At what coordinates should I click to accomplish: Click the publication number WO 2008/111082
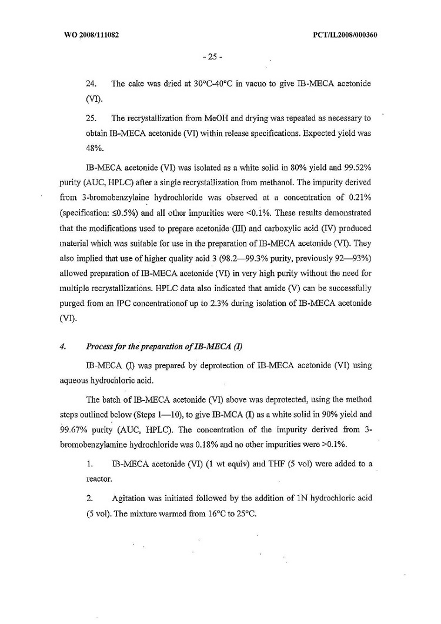(x=90, y=35)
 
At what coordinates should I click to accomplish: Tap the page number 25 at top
(x=211, y=57)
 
